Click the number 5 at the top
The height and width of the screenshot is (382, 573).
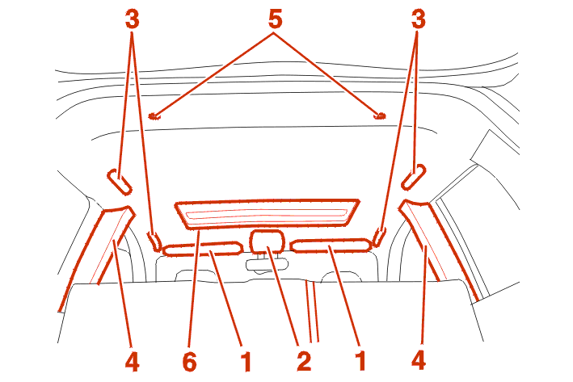tap(275, 19)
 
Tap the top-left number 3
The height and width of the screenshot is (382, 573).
tap(133, 19)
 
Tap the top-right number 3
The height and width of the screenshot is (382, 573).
tap(419, 19)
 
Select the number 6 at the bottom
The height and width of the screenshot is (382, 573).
tap(190, 362)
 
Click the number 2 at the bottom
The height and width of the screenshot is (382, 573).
tap(304, 362)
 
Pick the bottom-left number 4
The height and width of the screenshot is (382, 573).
tap(133, 362)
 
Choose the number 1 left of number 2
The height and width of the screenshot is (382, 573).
tap(246, 362)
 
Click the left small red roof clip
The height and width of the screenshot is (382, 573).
tap(154, 116)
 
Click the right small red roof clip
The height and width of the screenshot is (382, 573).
tap(379, 116)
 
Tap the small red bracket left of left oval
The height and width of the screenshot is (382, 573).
tap(154, 240)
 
